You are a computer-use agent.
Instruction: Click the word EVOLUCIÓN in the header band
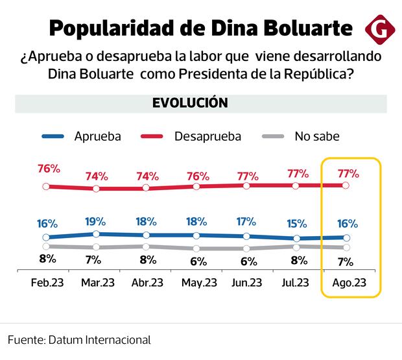(190, 103)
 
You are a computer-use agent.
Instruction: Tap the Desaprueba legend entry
(207, 136)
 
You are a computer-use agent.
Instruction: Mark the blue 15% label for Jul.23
(297, 224)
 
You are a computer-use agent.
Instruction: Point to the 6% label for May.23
(198, 261)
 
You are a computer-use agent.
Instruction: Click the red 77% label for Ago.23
(348, 173)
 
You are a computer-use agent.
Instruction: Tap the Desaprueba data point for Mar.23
(96, 189)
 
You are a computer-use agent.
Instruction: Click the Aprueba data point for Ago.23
(346, 237)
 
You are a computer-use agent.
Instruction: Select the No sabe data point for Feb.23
(46, 246)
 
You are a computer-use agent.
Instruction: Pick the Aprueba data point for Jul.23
(296, 239)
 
